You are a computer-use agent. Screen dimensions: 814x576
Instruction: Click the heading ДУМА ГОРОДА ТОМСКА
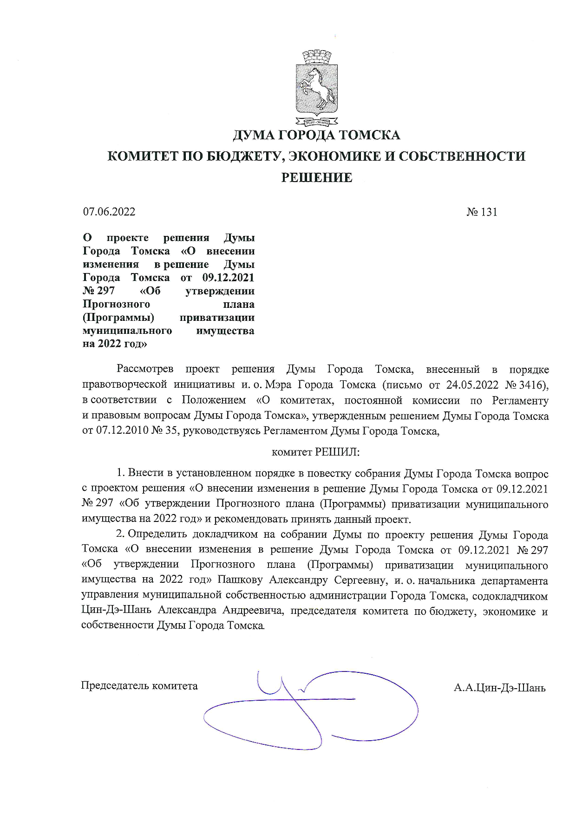coord(316,136)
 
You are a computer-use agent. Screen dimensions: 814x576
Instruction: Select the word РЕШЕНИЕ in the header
coord(316,177)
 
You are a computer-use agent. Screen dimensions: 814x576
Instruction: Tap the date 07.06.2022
coord(109,212)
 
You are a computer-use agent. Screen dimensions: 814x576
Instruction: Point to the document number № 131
coord(482,212)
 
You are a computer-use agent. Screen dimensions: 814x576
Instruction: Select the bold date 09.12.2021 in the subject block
coord(229,278)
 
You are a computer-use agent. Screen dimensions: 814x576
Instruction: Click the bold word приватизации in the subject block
coord(217,318)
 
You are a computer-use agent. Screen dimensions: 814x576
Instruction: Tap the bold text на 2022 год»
coord(115,344)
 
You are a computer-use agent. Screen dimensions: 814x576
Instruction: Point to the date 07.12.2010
coord(121,430)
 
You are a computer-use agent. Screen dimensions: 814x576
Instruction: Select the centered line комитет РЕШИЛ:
coord(315,452)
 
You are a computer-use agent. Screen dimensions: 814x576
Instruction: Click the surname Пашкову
coord(240,580)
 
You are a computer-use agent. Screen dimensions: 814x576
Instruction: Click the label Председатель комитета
coord(139,686)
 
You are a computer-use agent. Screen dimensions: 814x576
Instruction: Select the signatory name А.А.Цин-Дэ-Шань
coord(499,688)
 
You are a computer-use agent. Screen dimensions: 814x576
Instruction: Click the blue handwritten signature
coord(307,710)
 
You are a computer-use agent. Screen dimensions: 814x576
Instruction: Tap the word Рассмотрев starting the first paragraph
coord(145,370)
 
